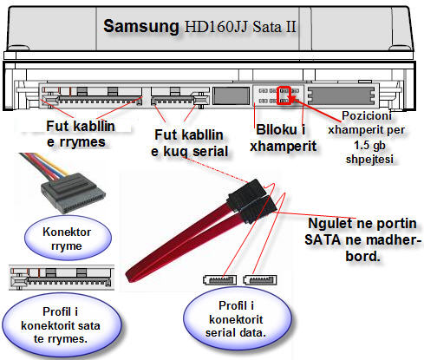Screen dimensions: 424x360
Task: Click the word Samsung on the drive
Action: (x=141, y=26)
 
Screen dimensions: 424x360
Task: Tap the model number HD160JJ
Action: (x=216, y=27)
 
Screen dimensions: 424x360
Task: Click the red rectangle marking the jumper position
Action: (x=284, y=95)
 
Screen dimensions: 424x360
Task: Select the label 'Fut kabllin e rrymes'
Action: (x=81, y=134)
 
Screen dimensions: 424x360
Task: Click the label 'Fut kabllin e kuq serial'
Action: (x=190, y=143)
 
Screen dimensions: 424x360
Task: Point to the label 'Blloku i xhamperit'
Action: (x=283, y=138)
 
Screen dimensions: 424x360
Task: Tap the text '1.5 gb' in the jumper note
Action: (x=369, y=145)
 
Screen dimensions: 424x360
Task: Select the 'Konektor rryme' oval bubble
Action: (x=68, y=239)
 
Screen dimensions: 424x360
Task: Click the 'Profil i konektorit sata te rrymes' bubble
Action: (x=61, y=324)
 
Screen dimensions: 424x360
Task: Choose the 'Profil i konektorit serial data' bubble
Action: (x=238, y=318)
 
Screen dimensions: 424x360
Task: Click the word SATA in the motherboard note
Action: (x=323, y=240)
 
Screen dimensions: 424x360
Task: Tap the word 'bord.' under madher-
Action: (x=362, y=256)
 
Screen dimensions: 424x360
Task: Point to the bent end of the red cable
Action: (x=133, y=275)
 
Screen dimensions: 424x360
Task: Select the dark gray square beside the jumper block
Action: (x=232, y=95)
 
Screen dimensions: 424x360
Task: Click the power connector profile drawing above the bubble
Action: (x=62, y=278)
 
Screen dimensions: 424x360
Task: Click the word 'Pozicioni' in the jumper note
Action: (x=367, y=115)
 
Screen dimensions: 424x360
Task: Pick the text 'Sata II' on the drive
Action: (x=274, y=27)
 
